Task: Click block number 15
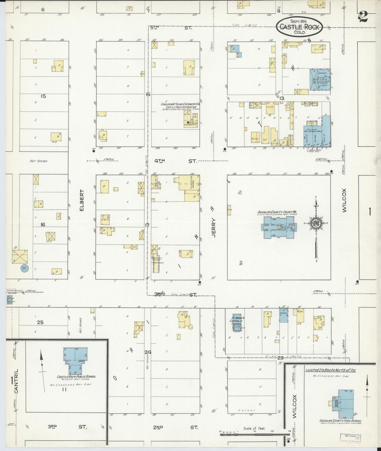coord(43,96)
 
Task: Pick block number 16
coord(43,224)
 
